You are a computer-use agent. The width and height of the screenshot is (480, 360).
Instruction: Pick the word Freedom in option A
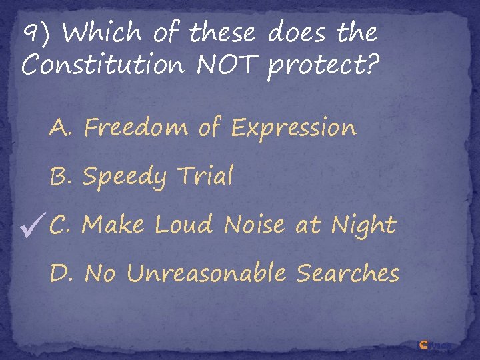click(x=137, y=127)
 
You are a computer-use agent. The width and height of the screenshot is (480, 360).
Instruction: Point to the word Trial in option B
click(x=205, y=176)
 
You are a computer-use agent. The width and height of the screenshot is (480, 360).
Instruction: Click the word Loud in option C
click(x=184, y=225)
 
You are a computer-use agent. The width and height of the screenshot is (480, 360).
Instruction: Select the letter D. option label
click(x=63, y=273)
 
